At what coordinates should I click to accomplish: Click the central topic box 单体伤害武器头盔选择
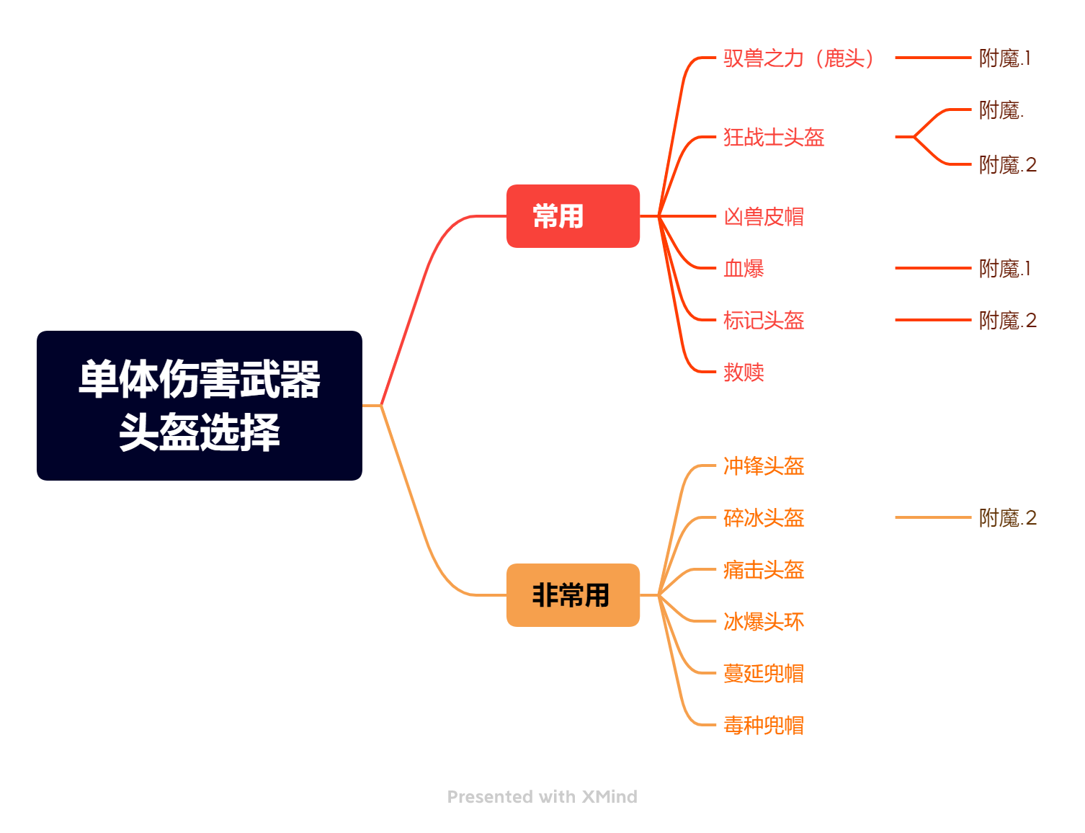click(200, 405)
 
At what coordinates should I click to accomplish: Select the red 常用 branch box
click(573, 215)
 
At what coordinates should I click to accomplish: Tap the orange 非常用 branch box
click(573, 594)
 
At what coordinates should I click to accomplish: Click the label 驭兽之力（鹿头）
click(799, 58)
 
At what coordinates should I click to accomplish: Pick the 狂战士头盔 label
click(774, 137)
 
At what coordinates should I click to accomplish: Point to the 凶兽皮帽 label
click(764, 216)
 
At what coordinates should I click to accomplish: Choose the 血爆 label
click(744, 268)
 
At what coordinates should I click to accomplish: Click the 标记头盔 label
click(764, 320)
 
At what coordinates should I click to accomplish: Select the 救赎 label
click(744, 372)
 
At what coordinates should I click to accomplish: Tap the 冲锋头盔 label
click(764, 465)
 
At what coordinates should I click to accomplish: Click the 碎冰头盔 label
click(764, 517)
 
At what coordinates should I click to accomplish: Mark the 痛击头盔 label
click(764, 569)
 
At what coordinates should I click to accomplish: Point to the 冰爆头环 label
click(764, 621)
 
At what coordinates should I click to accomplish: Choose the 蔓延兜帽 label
click(764, 673)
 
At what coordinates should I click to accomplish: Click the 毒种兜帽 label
click(764, 725)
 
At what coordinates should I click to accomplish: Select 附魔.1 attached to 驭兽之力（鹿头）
click(1004, 58)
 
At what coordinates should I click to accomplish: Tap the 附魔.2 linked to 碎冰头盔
click(1008, 517)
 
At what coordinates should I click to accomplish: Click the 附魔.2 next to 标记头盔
click(1008, 320)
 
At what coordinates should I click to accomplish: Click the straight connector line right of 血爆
click(933, 268)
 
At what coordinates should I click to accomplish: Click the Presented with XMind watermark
click(542, 796)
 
